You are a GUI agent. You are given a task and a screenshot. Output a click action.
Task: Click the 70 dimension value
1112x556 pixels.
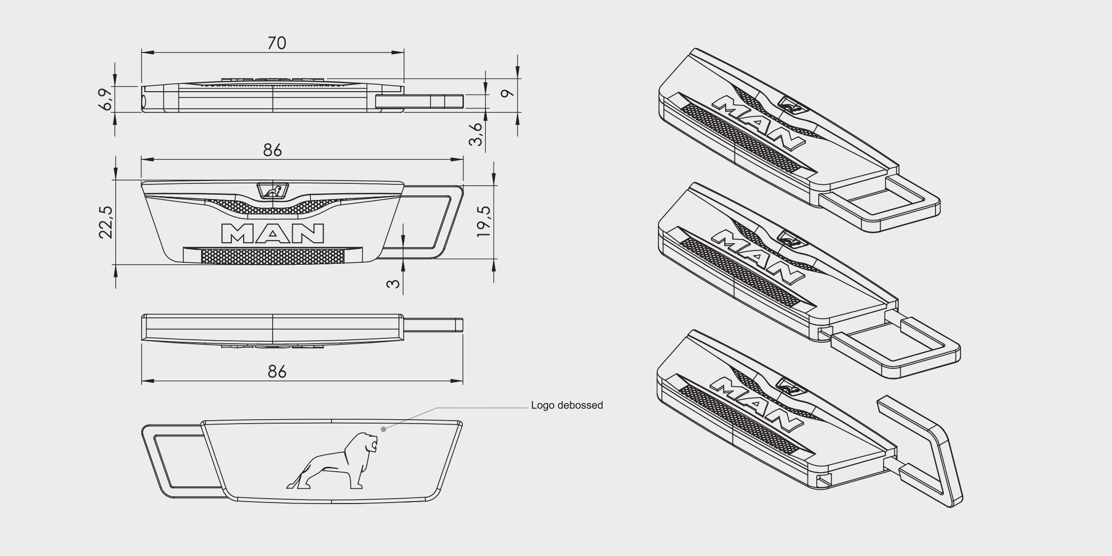(277, 43)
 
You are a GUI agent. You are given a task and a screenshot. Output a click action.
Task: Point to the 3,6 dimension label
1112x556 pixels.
(476, 134)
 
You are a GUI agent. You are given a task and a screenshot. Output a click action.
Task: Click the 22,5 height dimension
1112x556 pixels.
(106, 222)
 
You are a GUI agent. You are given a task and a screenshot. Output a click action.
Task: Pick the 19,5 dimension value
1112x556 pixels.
(483, 222)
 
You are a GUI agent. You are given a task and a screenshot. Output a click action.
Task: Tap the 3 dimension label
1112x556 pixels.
(393, 283)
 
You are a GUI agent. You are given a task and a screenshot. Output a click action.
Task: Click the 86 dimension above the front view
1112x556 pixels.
(273, 150)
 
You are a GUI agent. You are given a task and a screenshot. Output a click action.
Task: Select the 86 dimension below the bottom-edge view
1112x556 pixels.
(277, 372)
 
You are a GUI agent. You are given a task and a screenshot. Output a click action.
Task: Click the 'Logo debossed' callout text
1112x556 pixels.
(567, 405)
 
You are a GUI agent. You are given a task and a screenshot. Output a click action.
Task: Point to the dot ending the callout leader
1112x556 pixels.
(383, 429)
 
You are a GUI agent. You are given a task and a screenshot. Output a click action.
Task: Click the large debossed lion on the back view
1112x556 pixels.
(332, 461)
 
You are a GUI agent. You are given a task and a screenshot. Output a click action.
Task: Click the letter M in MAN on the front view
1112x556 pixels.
(239, 233)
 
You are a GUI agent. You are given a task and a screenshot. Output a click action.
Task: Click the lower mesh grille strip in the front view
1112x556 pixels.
(273, 255)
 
